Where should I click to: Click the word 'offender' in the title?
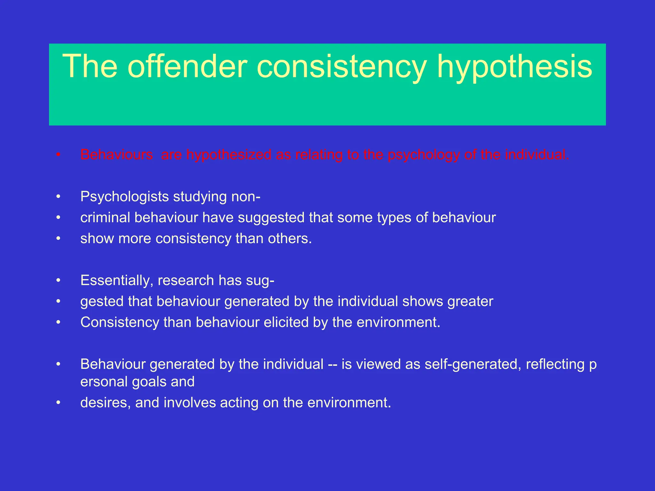click(x=188, y=66)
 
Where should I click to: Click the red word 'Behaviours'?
click(x=117, y=155)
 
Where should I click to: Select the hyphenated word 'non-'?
click(x=246, y=197)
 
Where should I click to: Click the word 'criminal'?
click(x=105, y=218)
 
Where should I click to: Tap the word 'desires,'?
click(x=106, y=403)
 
